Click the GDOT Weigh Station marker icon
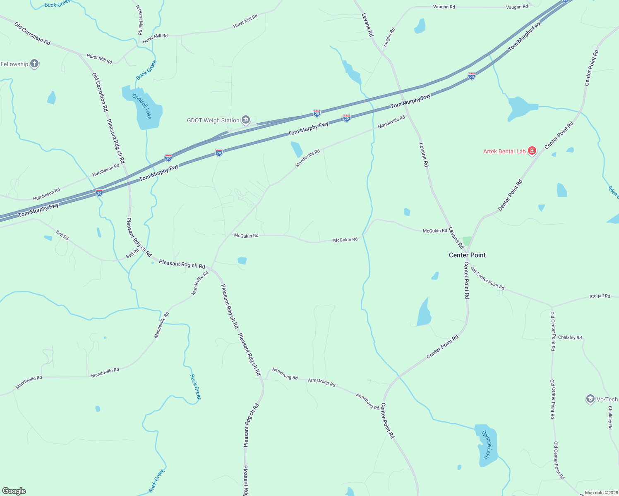pyautogui.click(x=246, y=120)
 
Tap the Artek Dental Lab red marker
pyautogui.click(x=532, y=151)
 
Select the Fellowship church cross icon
pyautogui.click(x=34, y=64)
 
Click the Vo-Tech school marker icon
pyautogui.click(x=590, y=399)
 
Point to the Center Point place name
pyautogui.click(x=467, y=255)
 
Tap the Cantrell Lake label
pyautogui.click(x=142, y=106)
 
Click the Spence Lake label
pyautogui.click(x=487, y=444)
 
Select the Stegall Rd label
pyautogui.click(x=600, y=296)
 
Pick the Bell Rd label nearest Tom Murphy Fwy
pyautogui.click(x=62, y=236)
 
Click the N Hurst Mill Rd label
pyautogui.click(x=140, y=20)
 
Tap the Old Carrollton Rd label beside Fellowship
pyautogui.click(x=32, y=33)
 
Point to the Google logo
pyautogui.click(x=14, y=491)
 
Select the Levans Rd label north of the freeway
pyautogui.click(x=367, y=25)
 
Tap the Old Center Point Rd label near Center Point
pyautogui.click(x=487, y=278)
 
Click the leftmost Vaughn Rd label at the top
pyautogui.click(x=444, y=7)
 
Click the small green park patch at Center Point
pyautogui.click(x=467, y=241)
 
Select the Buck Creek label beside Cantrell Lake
pyautogui.click(x=146, y=70)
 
